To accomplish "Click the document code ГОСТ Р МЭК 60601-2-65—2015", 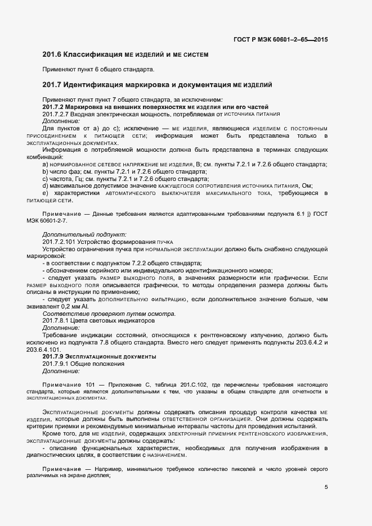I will click(280, 39).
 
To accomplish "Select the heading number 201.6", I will click(52, 55).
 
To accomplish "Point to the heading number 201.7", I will click(52, 85).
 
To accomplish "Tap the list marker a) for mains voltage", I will click(46, 164).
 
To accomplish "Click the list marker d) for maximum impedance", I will click(46, 186).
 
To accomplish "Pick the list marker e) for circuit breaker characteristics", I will click(46, 193).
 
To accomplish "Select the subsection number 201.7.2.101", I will click(60, 241).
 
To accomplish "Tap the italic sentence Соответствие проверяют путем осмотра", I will click(109, 314).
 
